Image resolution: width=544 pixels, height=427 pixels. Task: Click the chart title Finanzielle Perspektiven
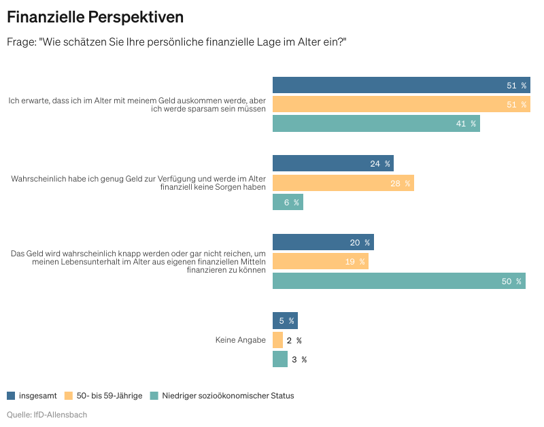pyautogui.click(x=95, y=16)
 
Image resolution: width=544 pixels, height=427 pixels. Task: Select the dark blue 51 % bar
pyautogui.click(x=401, y=85)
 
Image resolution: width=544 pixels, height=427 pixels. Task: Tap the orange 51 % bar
pyautogui.click(x=401, y=104)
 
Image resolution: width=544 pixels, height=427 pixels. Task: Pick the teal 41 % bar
pyautogui.click(x=376, y=123)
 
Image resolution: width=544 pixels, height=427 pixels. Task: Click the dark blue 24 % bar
pyautogui.click(x=333, y=163)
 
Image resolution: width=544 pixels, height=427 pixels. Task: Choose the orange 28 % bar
pyautogui.click(x=343, y=183)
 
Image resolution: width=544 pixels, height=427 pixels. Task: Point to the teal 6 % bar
pyautogui.click(x=288, y=202)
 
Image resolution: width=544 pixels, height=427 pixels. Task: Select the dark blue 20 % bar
pyautogui.click(x=323, y=242)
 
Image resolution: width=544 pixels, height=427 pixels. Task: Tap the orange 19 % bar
pyautogui.click(x=320, y=261)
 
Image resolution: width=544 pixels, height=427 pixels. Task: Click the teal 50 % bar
pyautogui.click(x=398, y=281)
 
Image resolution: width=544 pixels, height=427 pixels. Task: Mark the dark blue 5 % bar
pyautogui.click(x=285, y=320)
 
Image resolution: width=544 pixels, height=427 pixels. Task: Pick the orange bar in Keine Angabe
pyautogui.click(x=277, y=340)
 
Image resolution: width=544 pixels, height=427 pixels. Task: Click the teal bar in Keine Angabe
pyautogui.click(x=280, y=359)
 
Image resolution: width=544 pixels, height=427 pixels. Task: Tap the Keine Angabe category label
pyautogui.click(x=240, y=340)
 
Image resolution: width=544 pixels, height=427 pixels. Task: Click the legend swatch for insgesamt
pyautogui.click(x=11, y=396)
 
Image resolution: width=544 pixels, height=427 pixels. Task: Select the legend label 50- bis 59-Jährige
pyautogui.click(x=109, y=396)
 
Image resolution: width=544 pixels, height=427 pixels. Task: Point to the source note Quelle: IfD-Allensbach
pyautogui.click(x=47, y=414)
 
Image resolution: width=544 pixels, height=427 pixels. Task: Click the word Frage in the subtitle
pyautogui.click(x=22, y=41)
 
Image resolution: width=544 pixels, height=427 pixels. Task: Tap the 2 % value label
pyautogui.click(x=294, y=340)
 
